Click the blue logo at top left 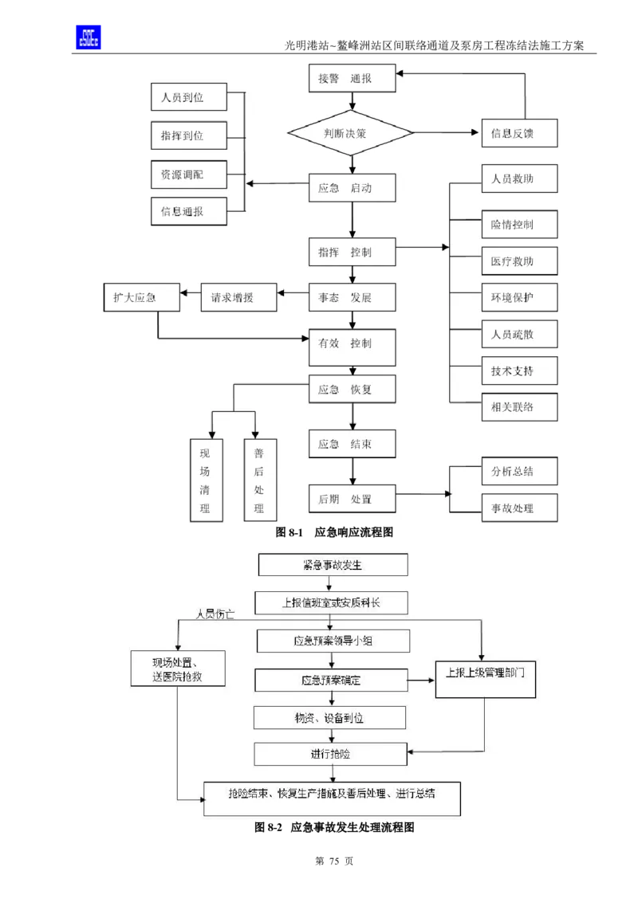point(87,36)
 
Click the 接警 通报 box point(352,78)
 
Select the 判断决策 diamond point(351,133)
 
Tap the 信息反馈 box point(519,133)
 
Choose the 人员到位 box point(188,97)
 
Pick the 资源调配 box point(188,174)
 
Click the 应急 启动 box point(352,189)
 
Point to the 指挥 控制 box point(352,253)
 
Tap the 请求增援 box point(238,298)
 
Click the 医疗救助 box point(519,261)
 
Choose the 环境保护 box point(519,297)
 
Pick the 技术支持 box point(519,371)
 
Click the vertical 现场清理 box point(205,478)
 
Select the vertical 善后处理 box point(259,478)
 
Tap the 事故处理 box point(519,508)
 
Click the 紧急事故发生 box point(333,565)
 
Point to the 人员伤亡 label point(215,614)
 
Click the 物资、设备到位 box point(329,717)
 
